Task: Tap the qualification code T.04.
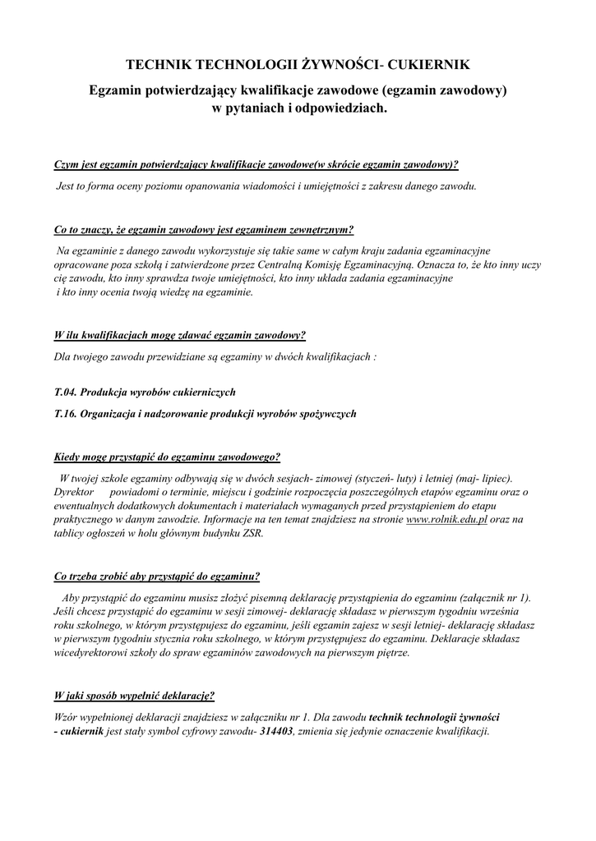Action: click(65, 393)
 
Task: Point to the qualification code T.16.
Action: click(65, 414)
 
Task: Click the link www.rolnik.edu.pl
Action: click(447, 519)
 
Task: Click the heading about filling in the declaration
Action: click(134, 696)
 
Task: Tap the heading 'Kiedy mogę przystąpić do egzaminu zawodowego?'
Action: click(166, 457)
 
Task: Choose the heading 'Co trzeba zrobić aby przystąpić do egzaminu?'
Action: click(156, 576)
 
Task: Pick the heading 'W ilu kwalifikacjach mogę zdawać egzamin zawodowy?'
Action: click(179, 335)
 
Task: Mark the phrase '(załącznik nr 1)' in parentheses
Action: click(492, 597)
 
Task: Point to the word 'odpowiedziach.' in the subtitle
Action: click(340, 108)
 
